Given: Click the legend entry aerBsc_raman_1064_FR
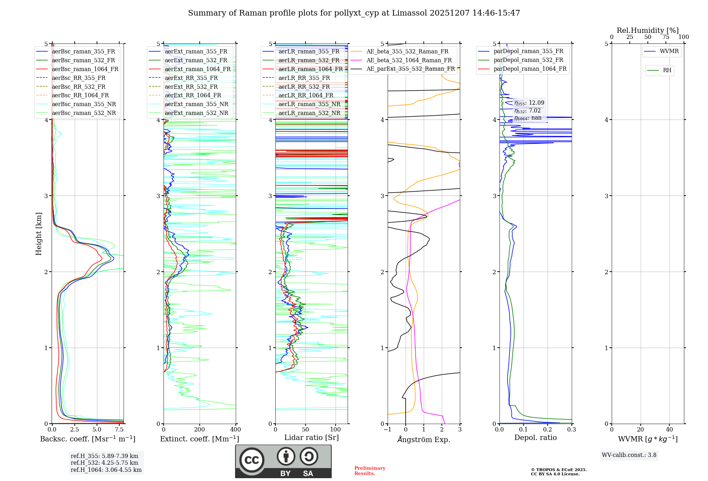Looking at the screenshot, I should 85,69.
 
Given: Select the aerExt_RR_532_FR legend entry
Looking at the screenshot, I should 191,87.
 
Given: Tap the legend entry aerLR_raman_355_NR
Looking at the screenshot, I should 309,104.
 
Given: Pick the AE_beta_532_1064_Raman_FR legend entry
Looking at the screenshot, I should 409,60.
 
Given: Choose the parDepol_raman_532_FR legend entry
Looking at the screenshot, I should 528,60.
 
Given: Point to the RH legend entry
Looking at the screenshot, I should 667,70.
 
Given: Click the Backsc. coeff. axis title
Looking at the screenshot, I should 87,439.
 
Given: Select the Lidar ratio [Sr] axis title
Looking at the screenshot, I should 312,438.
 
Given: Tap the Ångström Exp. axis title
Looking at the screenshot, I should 424,440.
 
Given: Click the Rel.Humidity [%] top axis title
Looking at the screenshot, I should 647,30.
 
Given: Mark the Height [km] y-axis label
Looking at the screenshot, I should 39,234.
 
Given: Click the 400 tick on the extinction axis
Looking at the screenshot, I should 236,430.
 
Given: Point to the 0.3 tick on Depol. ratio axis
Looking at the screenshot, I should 571,430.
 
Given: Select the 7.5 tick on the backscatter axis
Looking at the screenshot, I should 119,430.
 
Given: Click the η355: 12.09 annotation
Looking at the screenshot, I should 529,103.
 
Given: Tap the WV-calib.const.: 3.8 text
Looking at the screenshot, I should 629,455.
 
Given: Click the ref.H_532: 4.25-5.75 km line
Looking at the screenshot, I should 104,463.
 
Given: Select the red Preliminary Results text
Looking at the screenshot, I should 370,471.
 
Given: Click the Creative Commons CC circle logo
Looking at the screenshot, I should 252,460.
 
